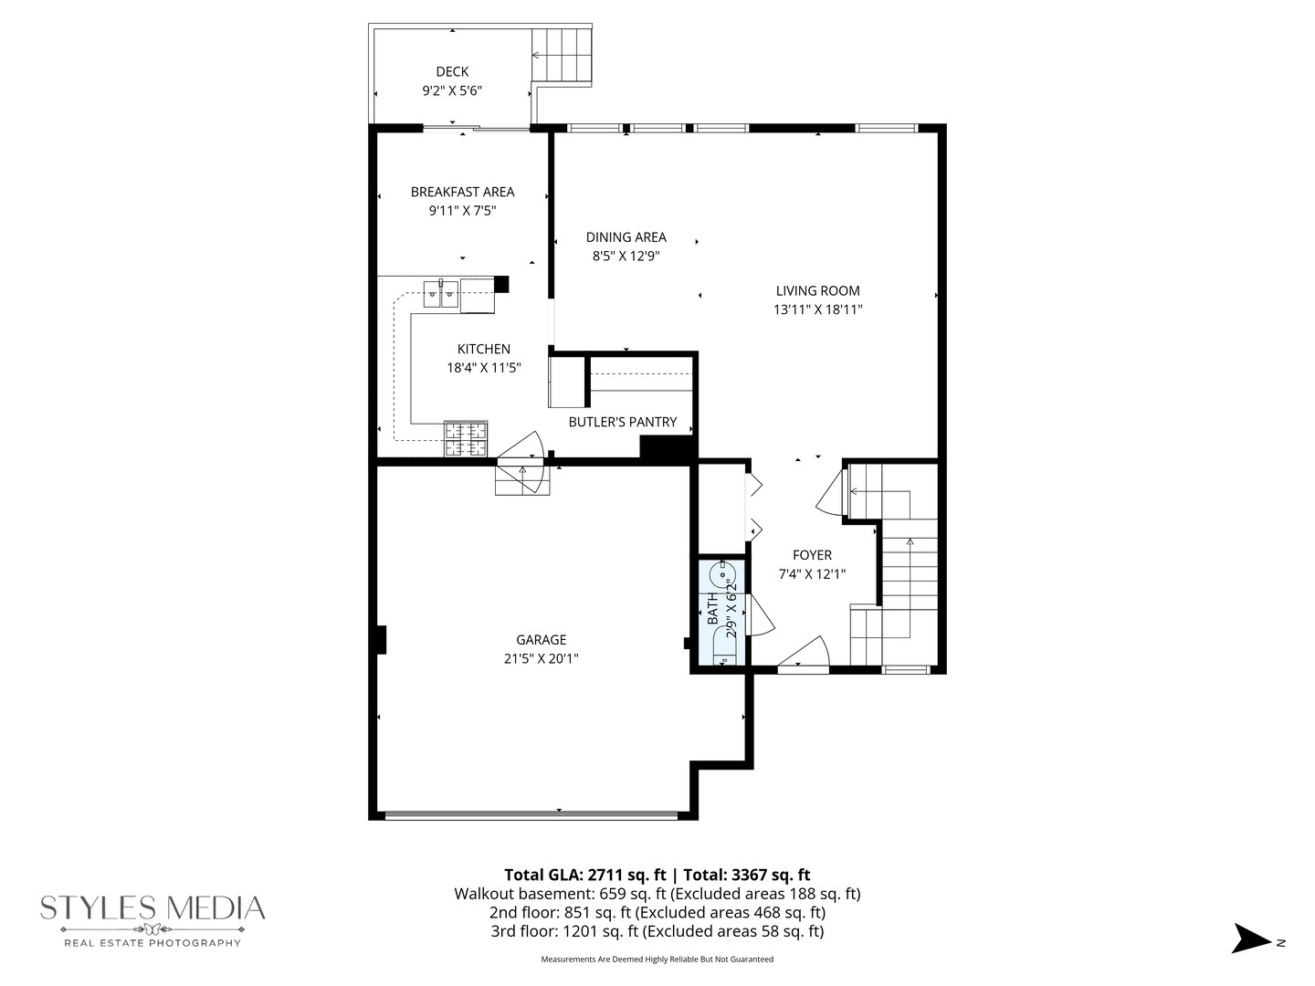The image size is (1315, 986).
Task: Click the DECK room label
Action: pyautogui.click(x=452, y=71)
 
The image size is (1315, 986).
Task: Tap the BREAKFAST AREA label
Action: pyautogui.click(x=462, y=192)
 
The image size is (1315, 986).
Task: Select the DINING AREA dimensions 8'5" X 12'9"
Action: pyautogui.click(x=626, y=257)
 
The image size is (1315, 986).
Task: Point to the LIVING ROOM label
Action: pyautogui.click(x=817, y=290)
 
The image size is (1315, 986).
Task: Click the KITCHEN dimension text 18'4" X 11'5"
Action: pyautogui.click(x=483, y=368)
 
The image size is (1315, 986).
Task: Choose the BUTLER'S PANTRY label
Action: pyautogui.click(x=623, y=422)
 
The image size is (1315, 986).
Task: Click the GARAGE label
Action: pyautogui.click(x=541, y=640)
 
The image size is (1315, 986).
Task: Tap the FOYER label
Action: pyautogui.click(x=812, y=555)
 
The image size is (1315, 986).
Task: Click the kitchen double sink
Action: pyautogui.click(x=441, y=294)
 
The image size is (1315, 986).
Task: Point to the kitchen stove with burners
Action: pyautogui.click(x=466, y=438)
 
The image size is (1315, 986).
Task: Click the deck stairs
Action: pyautogui.click(x=562, y=55)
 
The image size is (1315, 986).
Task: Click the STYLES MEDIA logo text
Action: pyautogui.click(x=153, y=908)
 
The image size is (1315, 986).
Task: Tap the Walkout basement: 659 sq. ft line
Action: pyautogui.click(x=657, y=894)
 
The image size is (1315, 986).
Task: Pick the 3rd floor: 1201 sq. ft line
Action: pyautogui.click(x=657, y=931)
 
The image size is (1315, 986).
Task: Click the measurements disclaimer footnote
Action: pyautogui.click(x=657, y=960)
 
